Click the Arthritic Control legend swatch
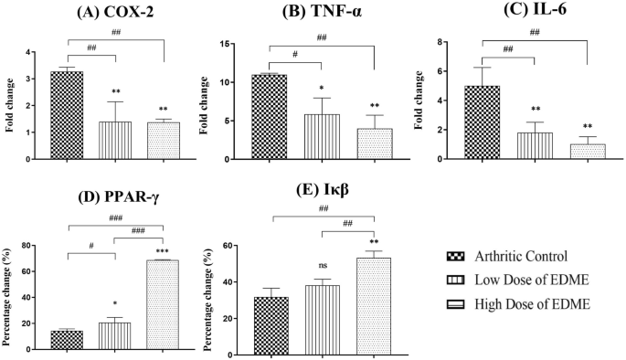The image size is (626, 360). tap(454, 257)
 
